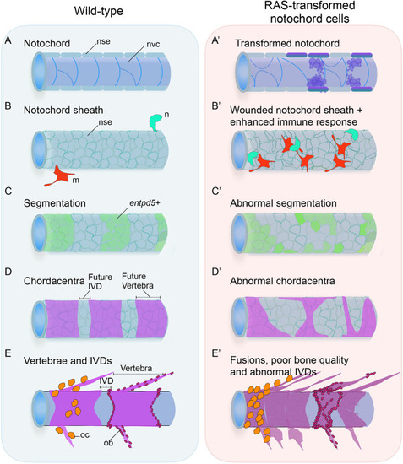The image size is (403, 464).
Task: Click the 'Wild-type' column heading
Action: [x=98, y=11]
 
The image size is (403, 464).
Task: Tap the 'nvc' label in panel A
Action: [x=153, y=45]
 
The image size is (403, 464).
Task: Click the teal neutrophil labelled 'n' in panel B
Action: [x=155, y=121]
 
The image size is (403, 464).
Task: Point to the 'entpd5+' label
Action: [x=144, y=203]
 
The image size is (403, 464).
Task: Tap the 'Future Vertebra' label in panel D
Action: [x=138, y=281]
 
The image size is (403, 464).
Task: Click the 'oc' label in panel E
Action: [x=84, y=435]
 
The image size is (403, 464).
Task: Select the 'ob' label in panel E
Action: [x=108, y=443]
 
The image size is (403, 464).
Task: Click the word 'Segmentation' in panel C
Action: [x=55, y=203]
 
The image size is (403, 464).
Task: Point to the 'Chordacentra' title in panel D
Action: [x=54, y=281]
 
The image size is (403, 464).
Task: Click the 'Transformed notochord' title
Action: [x=287, y=44]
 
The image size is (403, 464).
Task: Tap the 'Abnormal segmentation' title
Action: [x=283, y=203]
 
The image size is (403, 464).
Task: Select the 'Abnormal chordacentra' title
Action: [x=282, y=281]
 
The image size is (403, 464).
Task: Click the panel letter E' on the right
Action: [x=215, y=354]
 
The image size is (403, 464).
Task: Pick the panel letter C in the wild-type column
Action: [x=8, y=192]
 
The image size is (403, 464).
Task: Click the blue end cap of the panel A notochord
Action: [x=38, y=72]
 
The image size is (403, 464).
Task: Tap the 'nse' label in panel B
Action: [x=106, y=122]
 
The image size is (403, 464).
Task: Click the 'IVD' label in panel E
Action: [x=106, y=380]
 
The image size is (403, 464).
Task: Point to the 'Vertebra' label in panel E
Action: [x=136, y=369]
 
